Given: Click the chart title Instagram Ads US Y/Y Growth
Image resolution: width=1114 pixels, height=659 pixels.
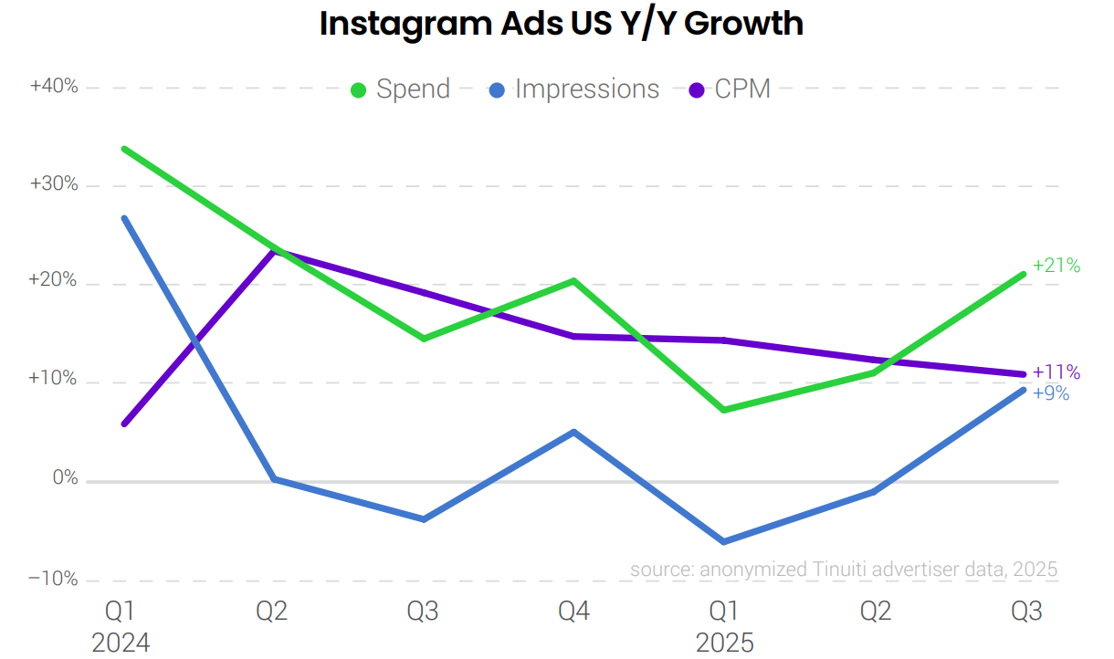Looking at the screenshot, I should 561,25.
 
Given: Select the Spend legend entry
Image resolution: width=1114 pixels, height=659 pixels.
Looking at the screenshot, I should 401,89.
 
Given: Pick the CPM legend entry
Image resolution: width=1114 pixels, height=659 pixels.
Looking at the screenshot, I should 730,89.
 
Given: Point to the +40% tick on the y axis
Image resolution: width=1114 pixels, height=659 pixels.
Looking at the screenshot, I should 54,87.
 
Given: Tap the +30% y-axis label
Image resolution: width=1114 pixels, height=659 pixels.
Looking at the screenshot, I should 54,184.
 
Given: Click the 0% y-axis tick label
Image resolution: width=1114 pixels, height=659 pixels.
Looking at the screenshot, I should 64,479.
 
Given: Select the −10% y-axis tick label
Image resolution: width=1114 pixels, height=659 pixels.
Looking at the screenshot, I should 54,579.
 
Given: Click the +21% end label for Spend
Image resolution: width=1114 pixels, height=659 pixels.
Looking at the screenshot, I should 1056,266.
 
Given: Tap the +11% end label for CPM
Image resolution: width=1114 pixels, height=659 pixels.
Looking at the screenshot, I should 1056,372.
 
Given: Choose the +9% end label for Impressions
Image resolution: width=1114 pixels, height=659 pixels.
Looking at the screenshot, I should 1051,394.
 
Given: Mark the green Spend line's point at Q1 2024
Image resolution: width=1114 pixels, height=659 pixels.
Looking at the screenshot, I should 123,148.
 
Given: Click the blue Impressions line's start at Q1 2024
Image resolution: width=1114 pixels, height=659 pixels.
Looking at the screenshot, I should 123,217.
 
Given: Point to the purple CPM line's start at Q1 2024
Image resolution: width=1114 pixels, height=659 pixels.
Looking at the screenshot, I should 123,424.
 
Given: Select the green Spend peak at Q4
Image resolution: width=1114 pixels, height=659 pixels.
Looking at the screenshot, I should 573,280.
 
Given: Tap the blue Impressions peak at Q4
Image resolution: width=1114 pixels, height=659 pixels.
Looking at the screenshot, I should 573,432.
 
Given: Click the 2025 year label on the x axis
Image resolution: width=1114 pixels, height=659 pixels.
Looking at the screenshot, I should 725,643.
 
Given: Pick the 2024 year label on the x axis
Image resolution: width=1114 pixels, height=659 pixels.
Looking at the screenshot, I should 121,643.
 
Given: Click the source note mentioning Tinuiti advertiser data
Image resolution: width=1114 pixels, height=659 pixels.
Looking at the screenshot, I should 843,570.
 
